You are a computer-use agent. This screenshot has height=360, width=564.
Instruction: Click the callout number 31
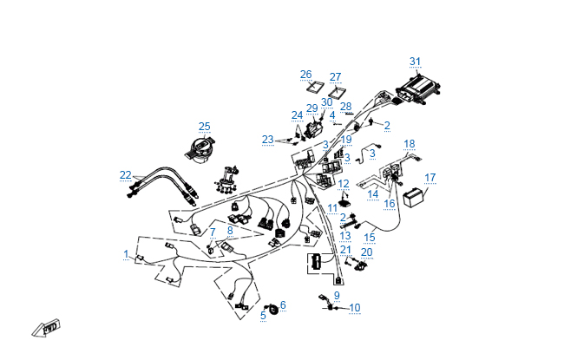415,62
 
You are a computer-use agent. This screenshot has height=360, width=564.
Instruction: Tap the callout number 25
205,126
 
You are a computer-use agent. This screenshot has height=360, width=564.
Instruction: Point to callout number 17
430,178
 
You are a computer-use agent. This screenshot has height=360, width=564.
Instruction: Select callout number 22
126,175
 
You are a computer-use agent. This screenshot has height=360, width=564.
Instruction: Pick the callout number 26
305,75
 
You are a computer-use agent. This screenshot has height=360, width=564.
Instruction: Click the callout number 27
336,76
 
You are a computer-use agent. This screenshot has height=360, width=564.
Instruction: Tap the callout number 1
126,255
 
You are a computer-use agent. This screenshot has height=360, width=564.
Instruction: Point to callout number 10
354,308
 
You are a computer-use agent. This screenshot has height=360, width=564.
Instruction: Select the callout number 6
282,304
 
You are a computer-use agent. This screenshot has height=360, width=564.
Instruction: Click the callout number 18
410,144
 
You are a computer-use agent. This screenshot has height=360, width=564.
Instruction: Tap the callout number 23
268,139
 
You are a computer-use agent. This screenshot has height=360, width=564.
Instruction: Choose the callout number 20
367,252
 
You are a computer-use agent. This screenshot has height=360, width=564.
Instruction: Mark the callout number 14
373,194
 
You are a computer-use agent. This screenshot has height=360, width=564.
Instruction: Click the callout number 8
231,231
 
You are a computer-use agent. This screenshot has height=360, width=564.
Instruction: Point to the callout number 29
312,108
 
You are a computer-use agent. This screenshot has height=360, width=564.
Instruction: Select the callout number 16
390,204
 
